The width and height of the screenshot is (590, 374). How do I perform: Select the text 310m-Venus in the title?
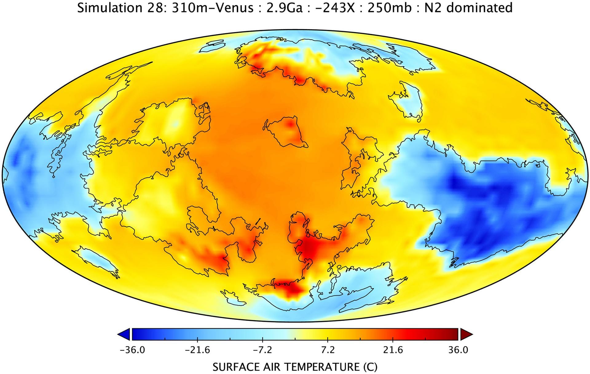click(x=213, y=8)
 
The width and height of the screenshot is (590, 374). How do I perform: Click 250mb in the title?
click(x=389, y=8)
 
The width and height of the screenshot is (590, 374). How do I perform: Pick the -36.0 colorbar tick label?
click(x=132, y=350)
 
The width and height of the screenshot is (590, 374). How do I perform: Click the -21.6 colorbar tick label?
click(x=197, y=350)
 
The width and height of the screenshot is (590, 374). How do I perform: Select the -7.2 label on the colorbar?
click(x=262, y=350)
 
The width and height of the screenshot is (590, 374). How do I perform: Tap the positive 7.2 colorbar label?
click(x=328, y=350)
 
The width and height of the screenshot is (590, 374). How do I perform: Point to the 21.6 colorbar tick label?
click(x=393, y=350)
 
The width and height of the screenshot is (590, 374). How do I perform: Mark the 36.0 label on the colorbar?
click(x=458, y=350)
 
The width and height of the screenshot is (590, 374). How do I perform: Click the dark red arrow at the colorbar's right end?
click(x=466, y=334)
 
